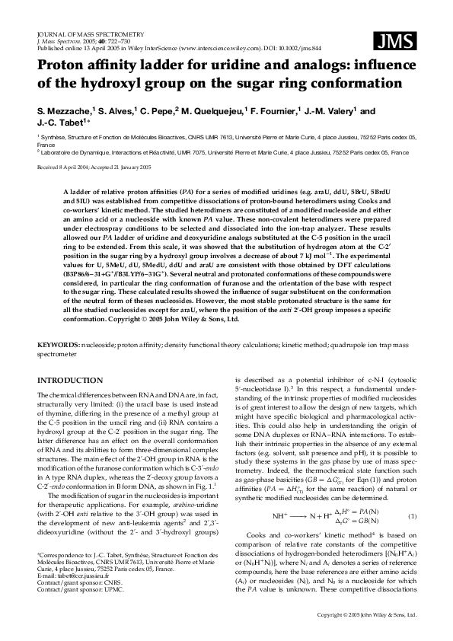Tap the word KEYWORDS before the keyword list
click(59, 346)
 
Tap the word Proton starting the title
click(62, 65)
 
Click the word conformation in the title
click(347, 82)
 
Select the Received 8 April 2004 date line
click(94, 165)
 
